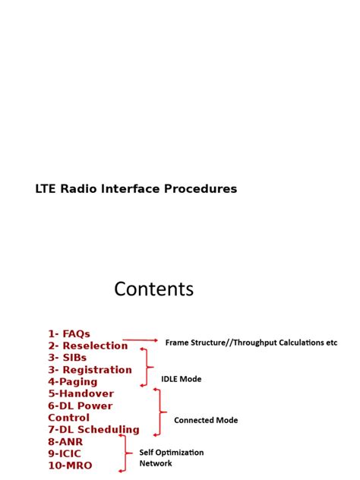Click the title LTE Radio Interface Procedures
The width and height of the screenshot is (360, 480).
click(x=136, y=189)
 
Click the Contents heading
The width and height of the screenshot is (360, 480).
click(x=154, y=289)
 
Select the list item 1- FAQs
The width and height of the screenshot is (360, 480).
click(x=69, y=333)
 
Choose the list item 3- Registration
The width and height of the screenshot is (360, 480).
click(x=90, y=370)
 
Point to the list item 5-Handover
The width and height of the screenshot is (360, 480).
click(x=81, y=393)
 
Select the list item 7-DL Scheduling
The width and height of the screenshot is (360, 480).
click(x=93, y=430)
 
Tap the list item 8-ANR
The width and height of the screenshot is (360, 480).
click(x=65, y=441)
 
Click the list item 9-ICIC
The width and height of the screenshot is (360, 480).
click(x=65, y=453)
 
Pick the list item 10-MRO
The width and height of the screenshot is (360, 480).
click(x=70, y=466)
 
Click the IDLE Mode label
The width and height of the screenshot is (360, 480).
click(x=182, y=379)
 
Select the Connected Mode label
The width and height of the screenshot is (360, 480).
click(x=206, y=420)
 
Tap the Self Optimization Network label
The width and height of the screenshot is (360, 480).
click(x=171, y=457)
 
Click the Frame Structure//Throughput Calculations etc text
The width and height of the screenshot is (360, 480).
click(x=251, y=343)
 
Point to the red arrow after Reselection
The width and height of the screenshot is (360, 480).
click(x=141, y=340)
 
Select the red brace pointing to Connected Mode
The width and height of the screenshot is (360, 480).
click(x=158, y=412)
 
